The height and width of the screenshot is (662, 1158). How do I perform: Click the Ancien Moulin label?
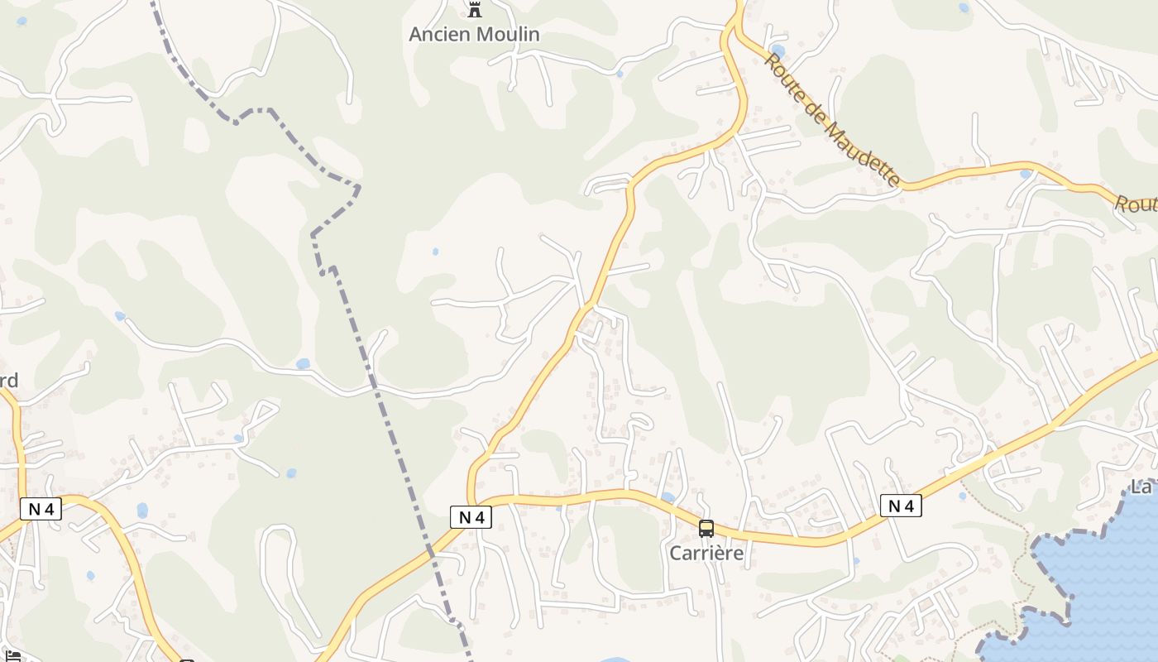pos(474,34)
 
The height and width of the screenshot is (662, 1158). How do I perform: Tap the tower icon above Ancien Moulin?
pos(474,11)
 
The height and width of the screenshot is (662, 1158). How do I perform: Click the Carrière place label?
pos(706,553)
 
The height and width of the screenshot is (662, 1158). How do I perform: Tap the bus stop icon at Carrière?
pos(706,528)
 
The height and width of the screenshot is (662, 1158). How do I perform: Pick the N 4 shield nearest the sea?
pos(901,505)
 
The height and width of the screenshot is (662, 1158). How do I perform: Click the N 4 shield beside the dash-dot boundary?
pos(471,517)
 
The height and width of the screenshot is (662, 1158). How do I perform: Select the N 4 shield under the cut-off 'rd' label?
pos(41,509)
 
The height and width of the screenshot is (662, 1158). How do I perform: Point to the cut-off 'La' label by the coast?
pos(1142,487)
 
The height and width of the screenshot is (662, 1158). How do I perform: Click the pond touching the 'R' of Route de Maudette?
pos(778,51)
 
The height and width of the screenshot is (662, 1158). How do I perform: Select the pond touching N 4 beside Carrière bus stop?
pos(668,497)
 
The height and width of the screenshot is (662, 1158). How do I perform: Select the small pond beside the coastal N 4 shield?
pos(962,496)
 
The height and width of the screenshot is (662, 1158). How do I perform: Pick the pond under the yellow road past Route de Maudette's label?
pos(1026,174)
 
